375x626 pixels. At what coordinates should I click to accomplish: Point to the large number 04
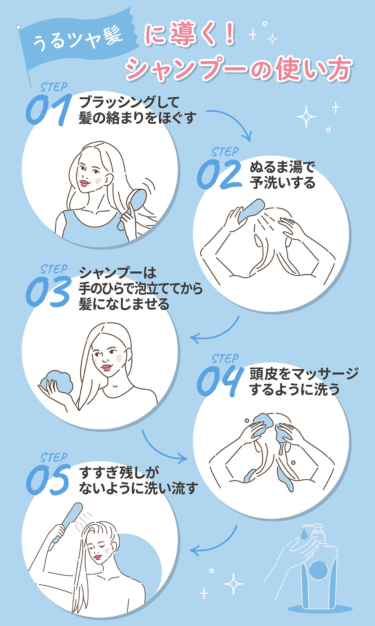pyautogui.click(x=220, y=382)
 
